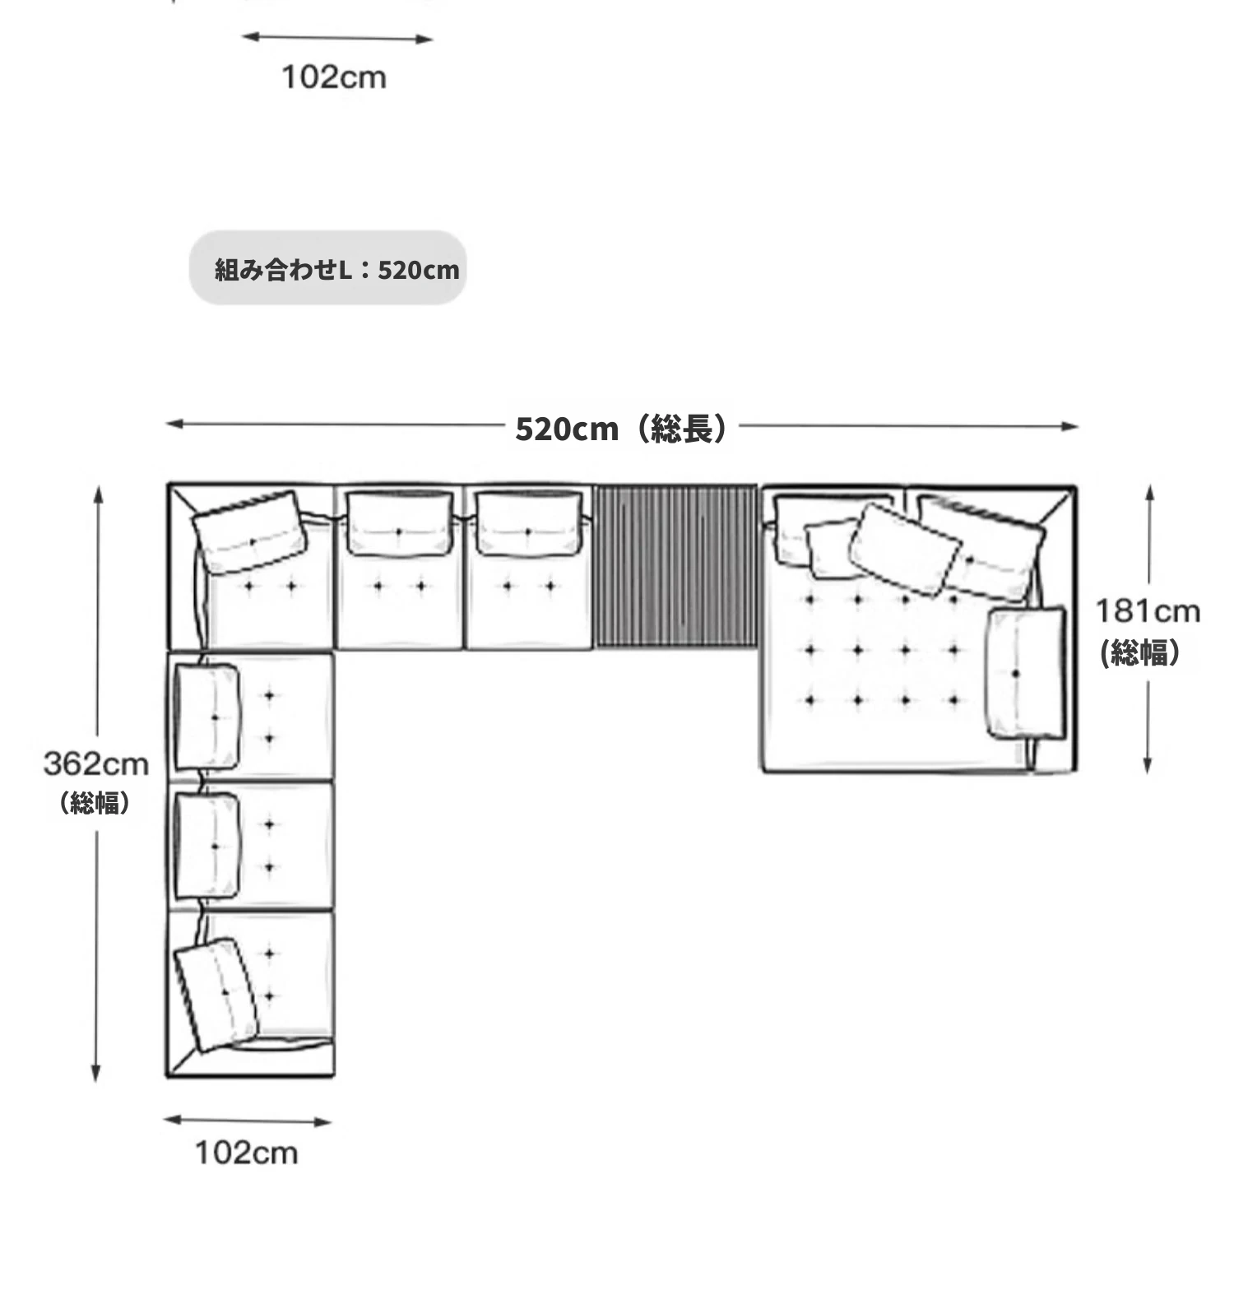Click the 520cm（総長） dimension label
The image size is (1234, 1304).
(x=622, y=429)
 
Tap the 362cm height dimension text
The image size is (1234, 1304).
(x=96, y=764)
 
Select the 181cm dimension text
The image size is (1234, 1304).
(x=1148, y=611)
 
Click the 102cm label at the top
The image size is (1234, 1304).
(x=334, y=77)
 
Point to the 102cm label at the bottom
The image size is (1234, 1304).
(x=247, y=1153)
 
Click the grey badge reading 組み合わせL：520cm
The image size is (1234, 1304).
(x=328, y=268)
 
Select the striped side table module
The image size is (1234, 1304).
(x=676, y=567)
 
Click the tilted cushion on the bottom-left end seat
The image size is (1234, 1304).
(x=216, y=995)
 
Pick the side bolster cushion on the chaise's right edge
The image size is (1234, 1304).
(x=1026, y=673)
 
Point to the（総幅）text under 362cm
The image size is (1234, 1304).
(x=95, y=802)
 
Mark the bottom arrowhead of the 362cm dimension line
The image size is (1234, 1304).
(x=96, y=1072)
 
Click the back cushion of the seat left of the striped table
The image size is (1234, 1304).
(x=527, y=524)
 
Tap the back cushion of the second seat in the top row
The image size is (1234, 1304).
(x=400, y=524)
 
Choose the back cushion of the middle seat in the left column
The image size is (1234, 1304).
(x=207, y=845)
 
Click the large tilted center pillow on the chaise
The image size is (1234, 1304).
(x=905, y=550)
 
